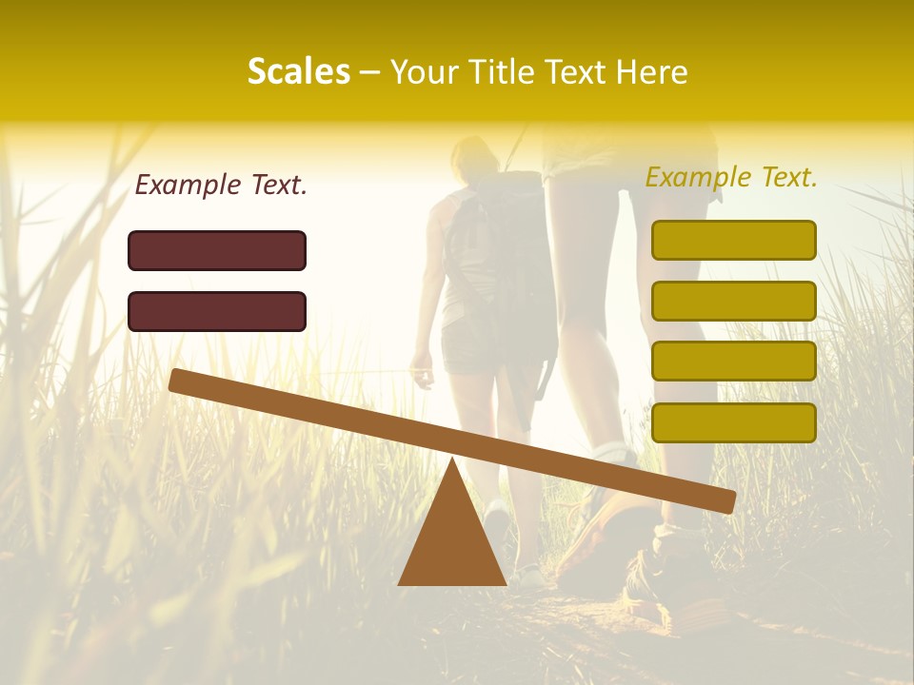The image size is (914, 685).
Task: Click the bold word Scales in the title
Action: [x=298, y=72]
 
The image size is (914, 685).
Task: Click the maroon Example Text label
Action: [x=221, y=186]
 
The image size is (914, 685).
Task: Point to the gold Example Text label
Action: [x=731, y=177]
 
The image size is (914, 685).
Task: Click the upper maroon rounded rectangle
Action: [x=217, y=250]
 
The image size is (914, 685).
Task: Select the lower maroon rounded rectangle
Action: [x=217, y=311]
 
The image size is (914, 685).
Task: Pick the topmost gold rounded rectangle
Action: [x=733, y=240]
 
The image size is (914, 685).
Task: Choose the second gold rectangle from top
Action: [x=733, y=301]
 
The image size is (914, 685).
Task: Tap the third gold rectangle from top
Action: [x=733, y=362]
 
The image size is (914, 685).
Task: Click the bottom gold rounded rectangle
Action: [x=733, y=422]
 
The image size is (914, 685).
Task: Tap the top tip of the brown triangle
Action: [x=452, y=460]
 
